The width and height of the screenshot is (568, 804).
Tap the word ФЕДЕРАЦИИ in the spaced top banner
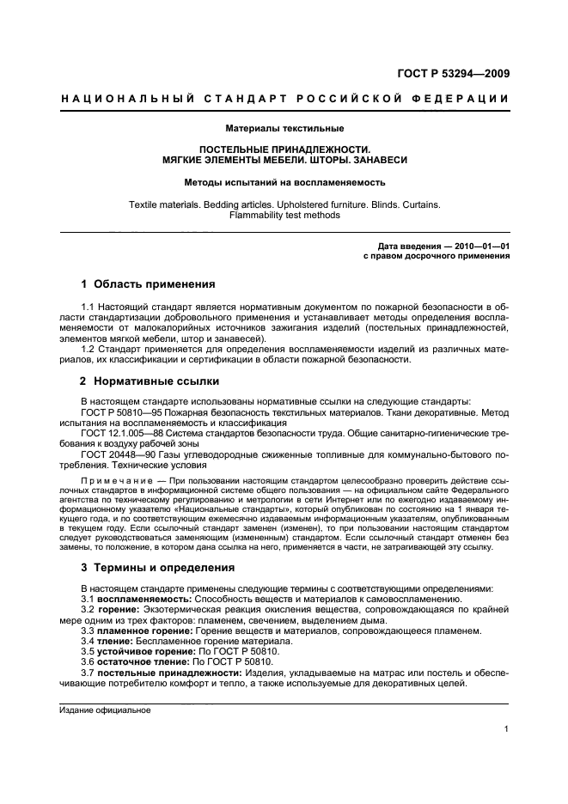[465, 99]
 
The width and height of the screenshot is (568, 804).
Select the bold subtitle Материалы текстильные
[284, 128]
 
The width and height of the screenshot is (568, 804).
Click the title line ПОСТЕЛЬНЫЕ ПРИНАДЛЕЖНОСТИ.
[284, 149]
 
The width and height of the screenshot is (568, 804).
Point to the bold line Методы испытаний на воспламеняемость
[284, 182]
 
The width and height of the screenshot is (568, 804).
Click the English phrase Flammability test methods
[284, 216]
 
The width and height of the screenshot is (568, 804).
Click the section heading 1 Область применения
[148, 284]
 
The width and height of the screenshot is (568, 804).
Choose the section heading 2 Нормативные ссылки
[150, 381]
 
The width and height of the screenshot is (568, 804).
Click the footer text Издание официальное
[105, 710]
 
